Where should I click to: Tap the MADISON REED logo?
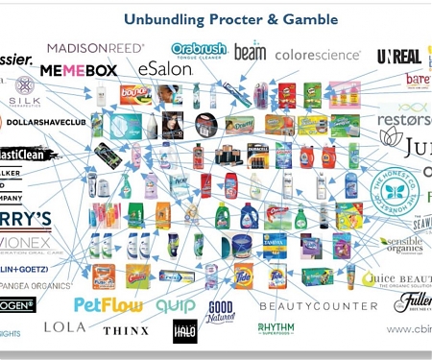click(95, 47)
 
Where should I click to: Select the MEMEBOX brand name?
click(78, 69)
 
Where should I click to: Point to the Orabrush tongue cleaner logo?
click(199, 49)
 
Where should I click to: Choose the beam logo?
click(250, 52)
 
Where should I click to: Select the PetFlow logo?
click(108, 305)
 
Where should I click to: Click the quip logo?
click(176, 304)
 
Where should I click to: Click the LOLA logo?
click(64, 327)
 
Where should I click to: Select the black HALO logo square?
click(184, 331)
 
